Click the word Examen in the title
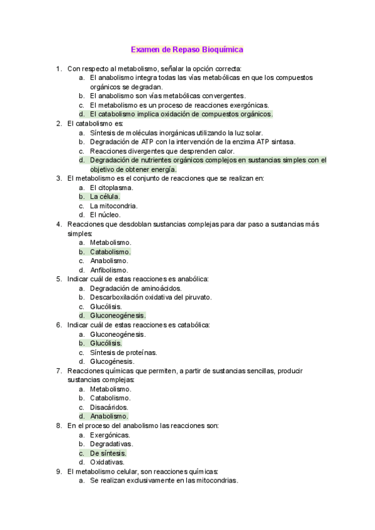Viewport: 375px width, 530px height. [x=145, y=49]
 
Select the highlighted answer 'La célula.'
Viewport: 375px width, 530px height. [x=105, y=196]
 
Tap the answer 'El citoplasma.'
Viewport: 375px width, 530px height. [x=111, y=187]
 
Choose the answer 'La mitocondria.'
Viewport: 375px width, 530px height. [x=114, y=206]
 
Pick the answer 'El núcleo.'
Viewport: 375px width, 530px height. [x=105, y=215]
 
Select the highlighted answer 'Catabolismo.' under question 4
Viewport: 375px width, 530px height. [x=110, y=252]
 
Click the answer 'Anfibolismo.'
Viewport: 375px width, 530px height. [x=110, y=270]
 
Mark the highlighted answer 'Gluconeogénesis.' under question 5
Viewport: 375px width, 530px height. [x=117, y=316]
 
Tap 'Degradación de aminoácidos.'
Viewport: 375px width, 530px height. [x=136, y=288]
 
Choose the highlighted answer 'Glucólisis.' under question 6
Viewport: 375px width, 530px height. [x=106, y=343]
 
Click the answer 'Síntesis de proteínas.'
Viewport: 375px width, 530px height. [x=123, y=352]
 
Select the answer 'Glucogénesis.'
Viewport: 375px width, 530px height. [x=112, y=361]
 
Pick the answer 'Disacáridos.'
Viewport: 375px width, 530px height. [x=109, y=407]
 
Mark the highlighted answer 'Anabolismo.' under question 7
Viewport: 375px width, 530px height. [x=109, y=416]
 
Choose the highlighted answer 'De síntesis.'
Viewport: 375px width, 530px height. [x=107, y=453]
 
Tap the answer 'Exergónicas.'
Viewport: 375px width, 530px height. [x=110, y=434]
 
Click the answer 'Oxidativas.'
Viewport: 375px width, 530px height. [x=107, y=462]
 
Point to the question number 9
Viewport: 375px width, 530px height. [x=59, y=471]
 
